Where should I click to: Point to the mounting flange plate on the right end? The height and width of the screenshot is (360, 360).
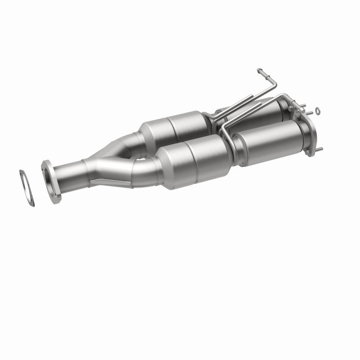[310, 130]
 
